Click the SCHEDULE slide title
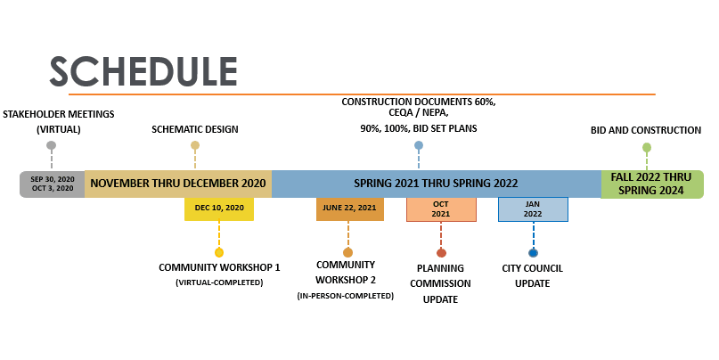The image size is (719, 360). click(x=143, y=70)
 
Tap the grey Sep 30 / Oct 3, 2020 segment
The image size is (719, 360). click(x=53, y=184)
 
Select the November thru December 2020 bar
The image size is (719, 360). click(x=178, y=184)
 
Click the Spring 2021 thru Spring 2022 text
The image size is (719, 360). click(x=436, y=184)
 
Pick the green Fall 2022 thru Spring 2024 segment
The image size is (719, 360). click(x=651, y=184)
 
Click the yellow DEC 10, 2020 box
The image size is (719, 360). click(x=219, y=209)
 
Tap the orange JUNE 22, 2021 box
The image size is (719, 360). click(x=349, y=209)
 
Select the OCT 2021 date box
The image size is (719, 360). click(x=441, y=209)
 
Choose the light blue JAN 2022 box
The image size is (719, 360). click(x=533, y=209)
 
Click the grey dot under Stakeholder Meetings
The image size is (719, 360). click(x=52, y=145)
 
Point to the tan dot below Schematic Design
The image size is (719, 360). click(x=195, y=145)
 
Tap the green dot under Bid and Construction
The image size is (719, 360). click(x=647, y=148)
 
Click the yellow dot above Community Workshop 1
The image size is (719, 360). click(x=219, y=252)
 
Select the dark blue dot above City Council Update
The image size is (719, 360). click(x=533, y=253)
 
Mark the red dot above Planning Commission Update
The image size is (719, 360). click(x=441, y=253)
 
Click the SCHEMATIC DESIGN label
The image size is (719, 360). click(x=195, y=129)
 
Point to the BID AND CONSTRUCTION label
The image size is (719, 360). click(x=646, y=130)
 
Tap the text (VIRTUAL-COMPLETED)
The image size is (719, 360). click(x=219, y=282)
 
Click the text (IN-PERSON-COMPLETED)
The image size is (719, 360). click(x=346, y=295)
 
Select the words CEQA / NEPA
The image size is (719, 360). click(x=419, y=114)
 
